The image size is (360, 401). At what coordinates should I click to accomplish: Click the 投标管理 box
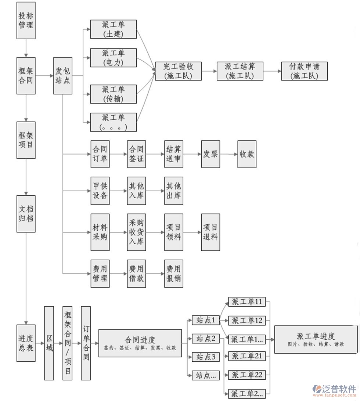pyautogui.click(x=26, y=21)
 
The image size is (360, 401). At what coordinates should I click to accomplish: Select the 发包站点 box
pyautogui.click(x=63, y=76)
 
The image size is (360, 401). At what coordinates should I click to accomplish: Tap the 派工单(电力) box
pyautogui.click(x=113, y=58)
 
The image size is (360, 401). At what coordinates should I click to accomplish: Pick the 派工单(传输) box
pyautogui.click(x=113, y=94)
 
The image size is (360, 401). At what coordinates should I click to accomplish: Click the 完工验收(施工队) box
pyautogui.click(x=178, y=71)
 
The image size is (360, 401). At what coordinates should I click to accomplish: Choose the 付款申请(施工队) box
pyautogui.click(x=304, y=71)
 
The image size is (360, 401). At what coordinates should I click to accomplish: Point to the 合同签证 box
pyautogui.click(x=137, y=154)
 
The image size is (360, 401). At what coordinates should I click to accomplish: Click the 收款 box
pyautogui.click(x=247, y=154)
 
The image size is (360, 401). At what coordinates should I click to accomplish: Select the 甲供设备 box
pyautogui.click(x=100, y=191)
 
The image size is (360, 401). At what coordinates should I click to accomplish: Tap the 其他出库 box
pyautogui.click(x=173, y=191)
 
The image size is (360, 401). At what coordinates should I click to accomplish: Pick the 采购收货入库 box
pyautogui.click(x=137, y=232)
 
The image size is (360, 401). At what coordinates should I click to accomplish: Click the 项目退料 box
pyautogui.click(x=210, y=232)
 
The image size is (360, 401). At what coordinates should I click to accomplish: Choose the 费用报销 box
pyautogui.click(x=173, y=274)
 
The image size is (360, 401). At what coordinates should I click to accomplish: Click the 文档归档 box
pyautogui.click(x=26, y=214)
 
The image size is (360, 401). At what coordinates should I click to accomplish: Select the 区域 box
pyautogui.click(x=49, y=343)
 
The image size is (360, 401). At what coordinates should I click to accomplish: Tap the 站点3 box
pyautogui.click(x=206, y=357)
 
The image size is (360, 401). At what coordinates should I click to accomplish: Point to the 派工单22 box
pyautogui.click(x=247, y=375)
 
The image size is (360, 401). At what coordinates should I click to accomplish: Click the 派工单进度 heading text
pyautogui.click(x=316, y=336)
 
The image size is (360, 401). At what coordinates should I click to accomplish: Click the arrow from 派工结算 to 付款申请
pyautogui.click(x=273, y=71)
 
